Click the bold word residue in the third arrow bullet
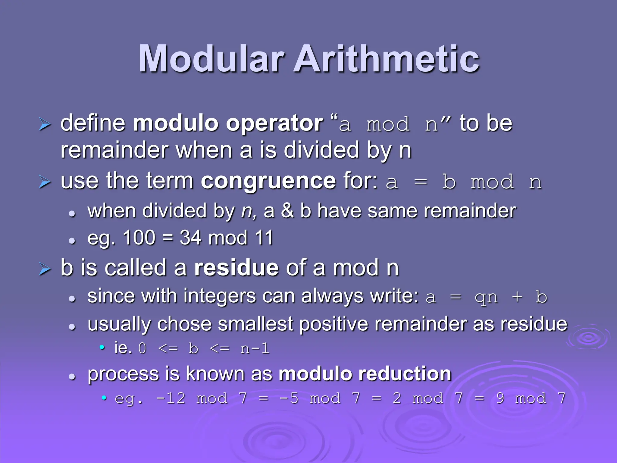point(236,268)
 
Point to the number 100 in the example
point(139,238)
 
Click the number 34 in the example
point(190,238)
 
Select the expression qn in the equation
point(486,298)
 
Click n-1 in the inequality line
point(255,349)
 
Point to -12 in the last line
point(171,398)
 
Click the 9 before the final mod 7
point(500,398)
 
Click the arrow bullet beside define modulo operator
point(45,124)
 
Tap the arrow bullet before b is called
point(45,269)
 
